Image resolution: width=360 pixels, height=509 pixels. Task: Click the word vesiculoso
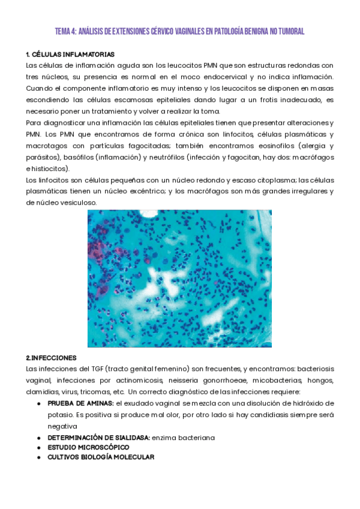79,203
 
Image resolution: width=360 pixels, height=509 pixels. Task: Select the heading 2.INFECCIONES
52,357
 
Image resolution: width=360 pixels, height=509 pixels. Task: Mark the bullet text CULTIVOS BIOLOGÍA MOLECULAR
100,457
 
